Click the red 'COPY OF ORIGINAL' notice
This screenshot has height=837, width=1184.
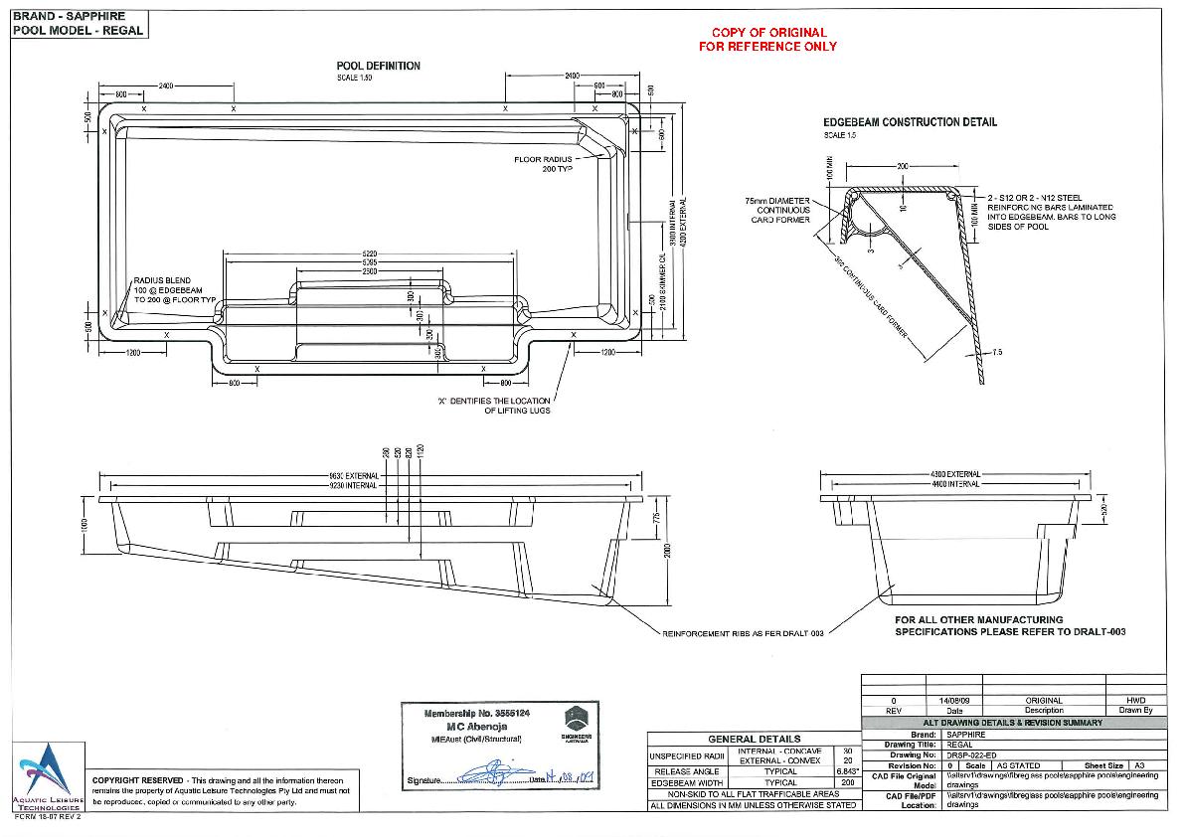766,33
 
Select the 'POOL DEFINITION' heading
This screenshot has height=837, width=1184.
378,66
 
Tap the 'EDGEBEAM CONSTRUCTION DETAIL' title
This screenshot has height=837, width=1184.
910,122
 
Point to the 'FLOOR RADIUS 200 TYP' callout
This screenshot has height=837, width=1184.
544,164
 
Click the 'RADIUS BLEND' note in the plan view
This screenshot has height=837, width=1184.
162,281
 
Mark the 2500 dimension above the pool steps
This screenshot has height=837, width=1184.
369,270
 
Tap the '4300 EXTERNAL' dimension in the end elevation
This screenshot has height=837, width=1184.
955,474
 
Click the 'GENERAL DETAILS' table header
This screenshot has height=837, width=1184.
754,739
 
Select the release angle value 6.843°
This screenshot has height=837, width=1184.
847,771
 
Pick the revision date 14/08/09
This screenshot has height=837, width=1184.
953,701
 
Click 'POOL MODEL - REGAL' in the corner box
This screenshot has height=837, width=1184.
78,30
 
